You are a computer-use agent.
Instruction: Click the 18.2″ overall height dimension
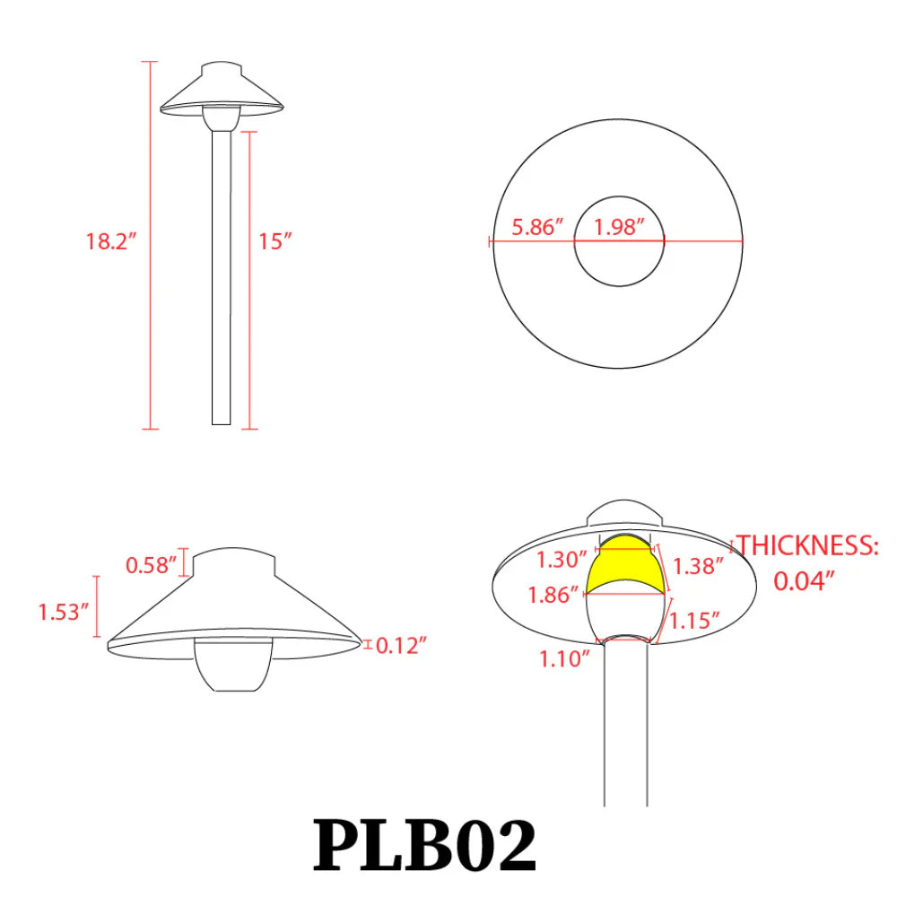110,241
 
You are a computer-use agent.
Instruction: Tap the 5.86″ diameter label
537,227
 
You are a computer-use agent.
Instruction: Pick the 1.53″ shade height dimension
64,613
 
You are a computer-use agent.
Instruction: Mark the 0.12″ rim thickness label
401,645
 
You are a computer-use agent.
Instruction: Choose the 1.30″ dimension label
562,560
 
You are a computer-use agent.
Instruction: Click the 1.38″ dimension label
699,566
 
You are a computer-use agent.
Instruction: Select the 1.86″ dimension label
553,595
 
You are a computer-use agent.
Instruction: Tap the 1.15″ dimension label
696,620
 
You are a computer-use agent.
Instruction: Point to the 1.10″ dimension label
564,659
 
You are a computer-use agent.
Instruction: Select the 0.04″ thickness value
805,580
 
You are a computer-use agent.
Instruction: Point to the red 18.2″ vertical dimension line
151,269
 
